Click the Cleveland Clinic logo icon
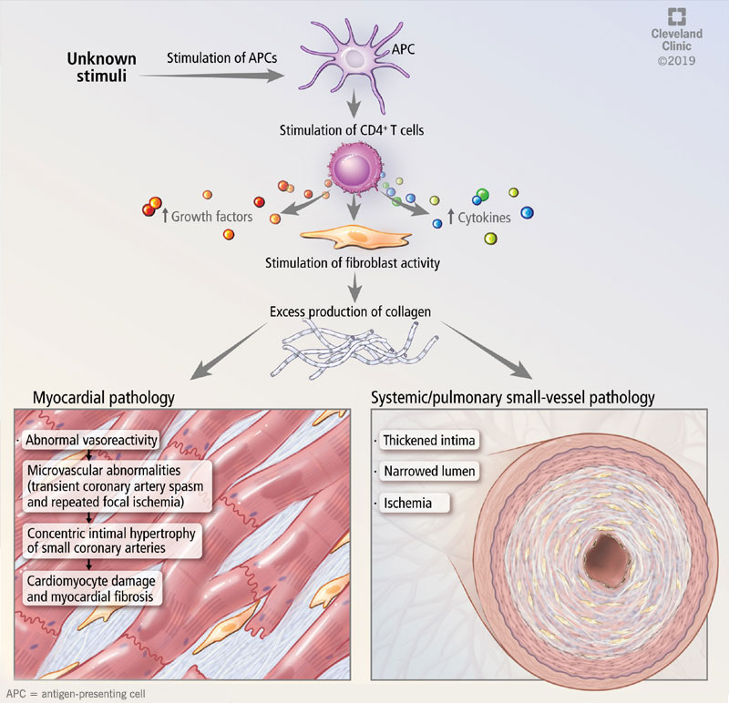tap(675, 15)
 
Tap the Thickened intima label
tap(427, 442)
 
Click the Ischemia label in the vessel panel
tap(409, 502)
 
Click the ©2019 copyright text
tap(675, 61)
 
